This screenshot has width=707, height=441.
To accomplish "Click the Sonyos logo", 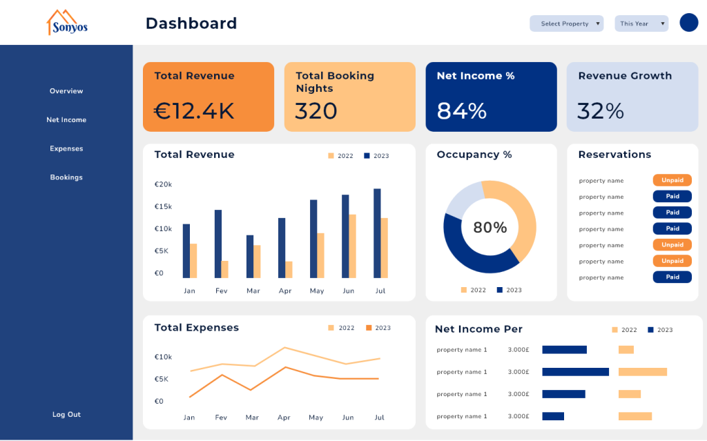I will click(67, 23).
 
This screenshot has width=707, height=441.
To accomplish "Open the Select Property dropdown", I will click(566, 23).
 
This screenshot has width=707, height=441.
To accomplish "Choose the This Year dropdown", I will click(641, 23).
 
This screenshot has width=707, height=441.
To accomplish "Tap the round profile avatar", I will click(688, 23).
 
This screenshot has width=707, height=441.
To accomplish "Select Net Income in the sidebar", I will click(66, 120).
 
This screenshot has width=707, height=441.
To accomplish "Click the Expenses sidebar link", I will click(66, 148).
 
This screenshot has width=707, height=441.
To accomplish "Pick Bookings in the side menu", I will click(66, 177).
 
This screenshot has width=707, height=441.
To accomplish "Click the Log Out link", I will click(66, 415).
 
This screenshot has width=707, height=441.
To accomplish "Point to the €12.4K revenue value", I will click(194, 111).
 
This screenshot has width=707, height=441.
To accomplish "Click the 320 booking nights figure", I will click(316, 111).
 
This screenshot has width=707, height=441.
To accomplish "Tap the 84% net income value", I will click(462, 111).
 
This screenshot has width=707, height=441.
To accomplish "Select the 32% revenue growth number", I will click(601, 111).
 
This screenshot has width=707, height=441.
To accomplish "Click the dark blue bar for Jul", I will click(377, 233).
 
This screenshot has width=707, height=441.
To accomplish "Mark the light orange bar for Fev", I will click(224, 269).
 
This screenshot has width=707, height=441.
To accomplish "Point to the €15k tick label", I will click(164, 207).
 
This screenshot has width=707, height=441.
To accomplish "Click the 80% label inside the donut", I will click(490, 228).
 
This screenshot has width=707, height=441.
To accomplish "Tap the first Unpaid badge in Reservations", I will click(672, 180).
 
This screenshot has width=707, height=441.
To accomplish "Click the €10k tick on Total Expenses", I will click(163, 357).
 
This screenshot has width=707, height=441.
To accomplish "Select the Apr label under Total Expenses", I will click(284, 418).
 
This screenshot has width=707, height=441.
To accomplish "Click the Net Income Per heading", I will click(478, 329).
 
